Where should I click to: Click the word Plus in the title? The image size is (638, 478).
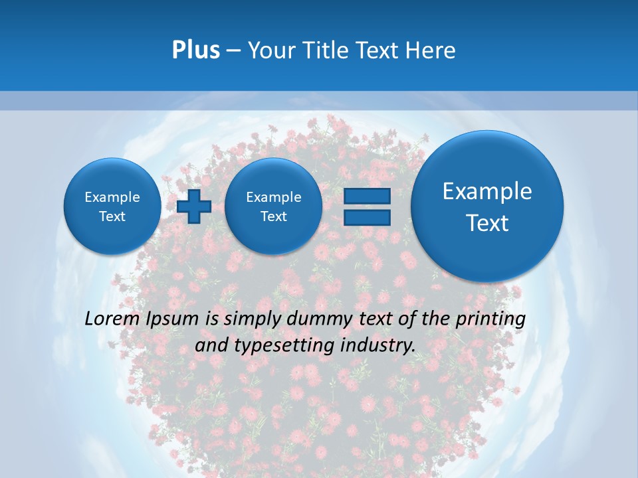(195, 50)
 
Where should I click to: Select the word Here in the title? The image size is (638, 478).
(432, 50)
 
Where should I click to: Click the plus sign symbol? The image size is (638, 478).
(194, 206)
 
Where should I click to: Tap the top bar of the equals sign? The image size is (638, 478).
(367, 196)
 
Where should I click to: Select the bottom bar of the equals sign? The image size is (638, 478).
(367, 218)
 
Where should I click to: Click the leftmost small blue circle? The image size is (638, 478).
(112, 206)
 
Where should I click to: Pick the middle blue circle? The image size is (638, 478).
(273, 206)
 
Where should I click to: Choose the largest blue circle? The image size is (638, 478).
(487, 206)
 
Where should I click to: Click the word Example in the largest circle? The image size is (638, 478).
(487, 191)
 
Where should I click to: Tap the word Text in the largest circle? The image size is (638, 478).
(487, 223)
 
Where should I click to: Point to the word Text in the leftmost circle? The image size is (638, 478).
(112, 216)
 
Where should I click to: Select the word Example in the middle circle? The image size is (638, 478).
(273, 197)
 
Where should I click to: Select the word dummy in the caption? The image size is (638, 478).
(315, 319)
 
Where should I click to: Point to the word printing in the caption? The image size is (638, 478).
(492, 319)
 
